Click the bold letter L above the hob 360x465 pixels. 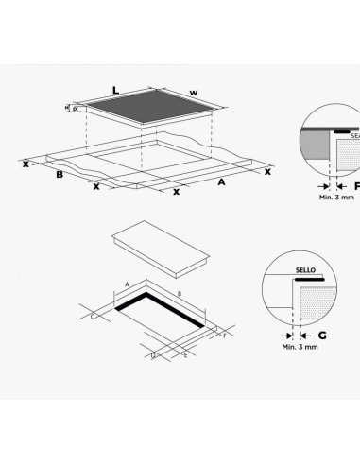pos(114,91)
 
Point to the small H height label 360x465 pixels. pos(68,109)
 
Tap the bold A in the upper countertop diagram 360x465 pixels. pos(221,180)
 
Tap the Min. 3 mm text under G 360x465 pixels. pos(300,348)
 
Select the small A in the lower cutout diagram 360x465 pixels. pos(127,283)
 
